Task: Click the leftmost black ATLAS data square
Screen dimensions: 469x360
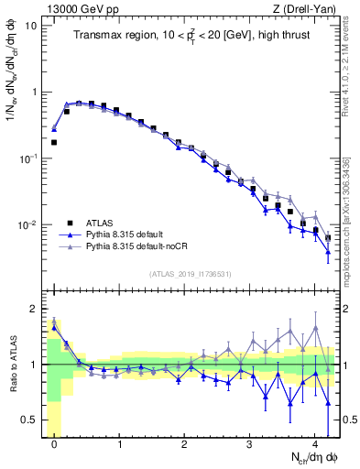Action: coord(54,142)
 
